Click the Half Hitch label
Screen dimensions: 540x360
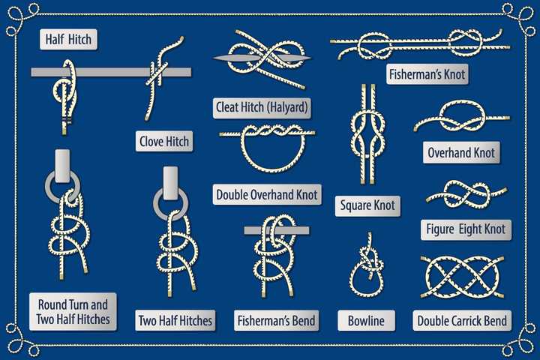coord(68,39)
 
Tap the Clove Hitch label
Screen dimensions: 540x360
coord(164,141)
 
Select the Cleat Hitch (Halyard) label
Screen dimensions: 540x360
coord(262,108)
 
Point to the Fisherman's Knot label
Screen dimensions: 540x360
coord(427,74)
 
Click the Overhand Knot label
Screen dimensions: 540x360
coord(461,152)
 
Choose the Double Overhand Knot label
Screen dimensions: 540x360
coord(267,195)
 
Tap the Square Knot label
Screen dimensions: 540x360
coord(367,206)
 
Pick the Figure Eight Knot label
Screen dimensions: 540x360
coord(466,229)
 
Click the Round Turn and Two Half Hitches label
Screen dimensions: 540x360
coord(73,312)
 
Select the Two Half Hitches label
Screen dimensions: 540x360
coord(175,320)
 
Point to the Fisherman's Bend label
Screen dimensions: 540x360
coord(277,320)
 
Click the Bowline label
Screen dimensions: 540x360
coord(367,320)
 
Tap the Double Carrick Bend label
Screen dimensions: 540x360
coord(462,320)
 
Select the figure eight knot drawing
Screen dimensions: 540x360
coord(466,195)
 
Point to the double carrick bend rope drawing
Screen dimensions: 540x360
coord(462,277)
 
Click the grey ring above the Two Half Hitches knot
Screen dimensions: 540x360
coord(171,204)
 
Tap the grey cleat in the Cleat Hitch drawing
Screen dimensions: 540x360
coord(262,58)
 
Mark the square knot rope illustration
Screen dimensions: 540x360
coord(367,134)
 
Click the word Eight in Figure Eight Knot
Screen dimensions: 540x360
coord(466,229)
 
